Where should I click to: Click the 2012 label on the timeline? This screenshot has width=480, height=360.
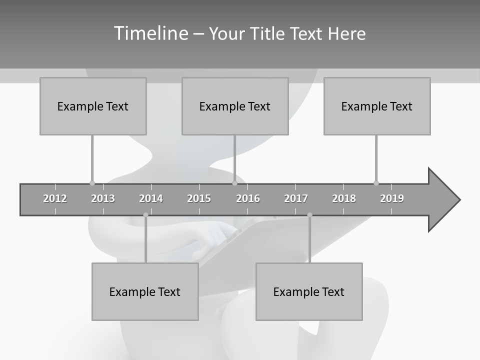[55, 198]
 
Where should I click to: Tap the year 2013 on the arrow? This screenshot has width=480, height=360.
[103, 198]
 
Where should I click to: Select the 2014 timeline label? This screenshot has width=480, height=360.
[151, 198]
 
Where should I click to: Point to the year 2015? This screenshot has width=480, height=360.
[199, 198]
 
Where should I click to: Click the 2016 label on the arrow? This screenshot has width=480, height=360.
[248, 198]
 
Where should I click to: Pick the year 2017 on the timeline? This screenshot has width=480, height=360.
[296, 198]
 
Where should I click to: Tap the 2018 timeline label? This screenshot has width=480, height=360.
[344, 198]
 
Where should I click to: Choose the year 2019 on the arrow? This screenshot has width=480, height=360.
[392, 198]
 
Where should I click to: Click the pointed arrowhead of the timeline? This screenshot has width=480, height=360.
[445, 199]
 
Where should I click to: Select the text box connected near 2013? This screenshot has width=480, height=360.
[93, 106]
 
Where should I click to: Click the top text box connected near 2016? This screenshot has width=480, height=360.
[235, 106]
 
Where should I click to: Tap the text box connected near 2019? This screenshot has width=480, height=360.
[377, 106]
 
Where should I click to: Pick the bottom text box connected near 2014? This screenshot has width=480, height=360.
[145, 291]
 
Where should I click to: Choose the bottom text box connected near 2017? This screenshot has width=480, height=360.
[309, 291]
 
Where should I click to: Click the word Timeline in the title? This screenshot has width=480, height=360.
[150, 33]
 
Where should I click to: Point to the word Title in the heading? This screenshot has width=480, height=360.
[269, 33]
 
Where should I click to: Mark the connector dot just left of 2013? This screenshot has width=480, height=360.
[92, 183]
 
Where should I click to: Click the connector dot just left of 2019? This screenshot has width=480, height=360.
[376, 183]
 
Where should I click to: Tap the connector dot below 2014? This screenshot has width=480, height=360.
[145, 215]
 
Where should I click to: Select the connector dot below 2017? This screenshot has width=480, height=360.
[309, 215]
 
